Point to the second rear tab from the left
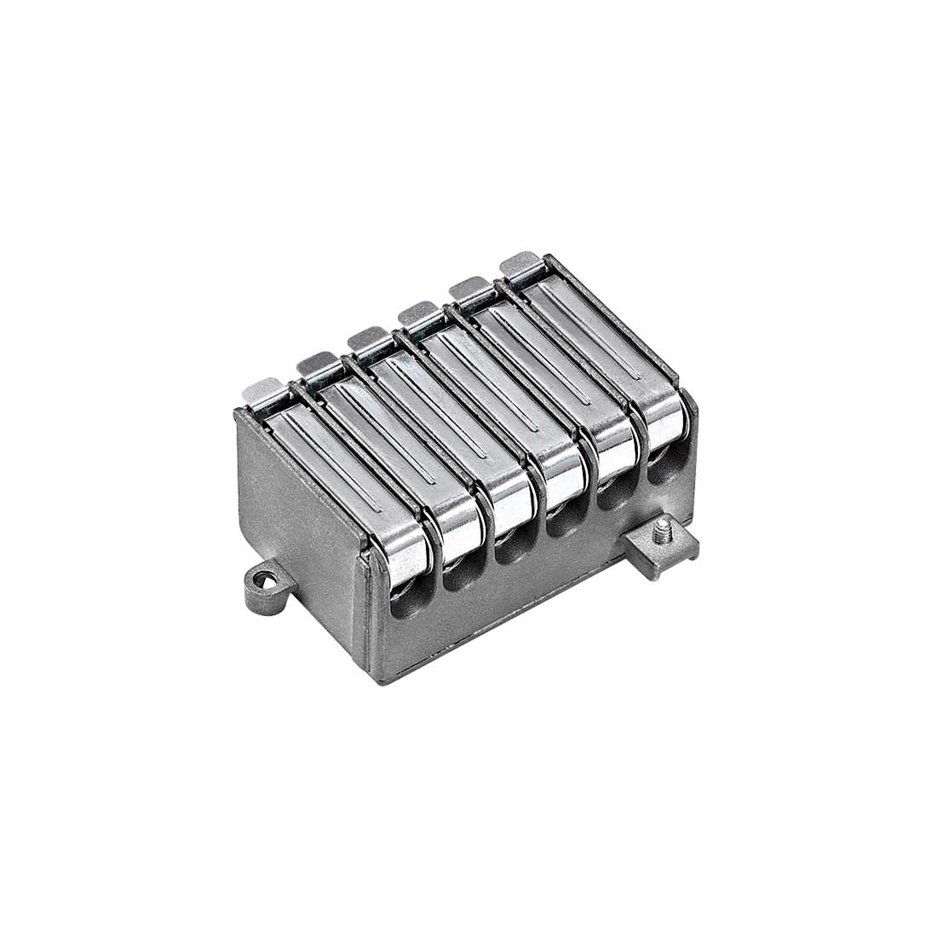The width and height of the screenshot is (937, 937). [x=314, y=363]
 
